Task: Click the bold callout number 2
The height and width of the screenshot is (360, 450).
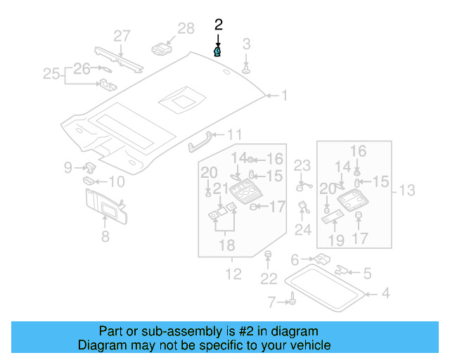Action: point(218,25)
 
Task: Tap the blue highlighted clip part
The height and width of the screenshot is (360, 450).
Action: point(218,51)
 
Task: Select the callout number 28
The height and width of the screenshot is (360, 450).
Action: point(186,29)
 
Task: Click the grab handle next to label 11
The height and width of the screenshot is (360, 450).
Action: point(201,141)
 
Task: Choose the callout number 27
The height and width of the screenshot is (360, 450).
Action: point(122,36)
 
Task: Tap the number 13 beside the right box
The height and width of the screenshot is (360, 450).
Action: point(408,191)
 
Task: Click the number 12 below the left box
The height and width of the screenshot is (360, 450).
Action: point(233,274)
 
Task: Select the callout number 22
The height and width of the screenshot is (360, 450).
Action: point(269,279)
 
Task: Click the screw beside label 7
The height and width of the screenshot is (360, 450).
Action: point(288,302)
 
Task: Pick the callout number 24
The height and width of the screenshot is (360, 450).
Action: point(303,230)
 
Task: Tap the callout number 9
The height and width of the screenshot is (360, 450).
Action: point(68,167)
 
